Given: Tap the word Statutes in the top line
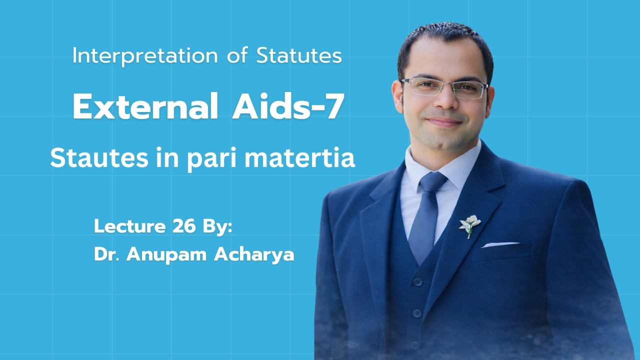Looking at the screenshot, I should pos(299,56).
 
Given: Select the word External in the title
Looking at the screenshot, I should pos(145,107).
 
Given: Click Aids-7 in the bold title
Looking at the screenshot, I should pos(287,107).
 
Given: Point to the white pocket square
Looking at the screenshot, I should pos(499,244).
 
